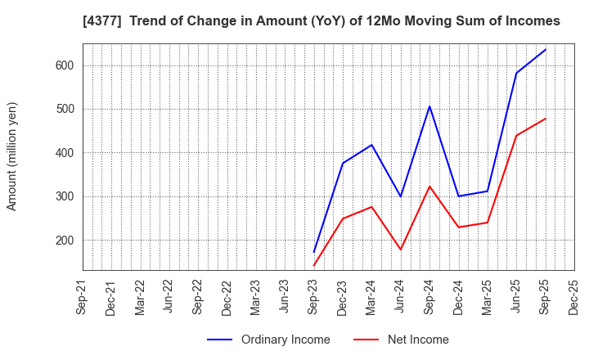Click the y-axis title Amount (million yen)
[x=12, y=156]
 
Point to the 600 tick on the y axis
[x=65, y=65]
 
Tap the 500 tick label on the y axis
[x=65, y=109]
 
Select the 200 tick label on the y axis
[x=65, y=240]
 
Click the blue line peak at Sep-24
[x=429, y=106]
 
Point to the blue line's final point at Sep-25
[x=545, y=49]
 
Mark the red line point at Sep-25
[x=545, y=119]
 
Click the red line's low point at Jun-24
[x=401, y=250]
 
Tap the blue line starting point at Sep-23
[x=314, y=251]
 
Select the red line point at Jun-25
[x=516, y=136]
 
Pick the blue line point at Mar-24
[x=371, y=145]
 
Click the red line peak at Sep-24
[x=429, y=187]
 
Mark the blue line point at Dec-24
[x=458, y=196]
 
